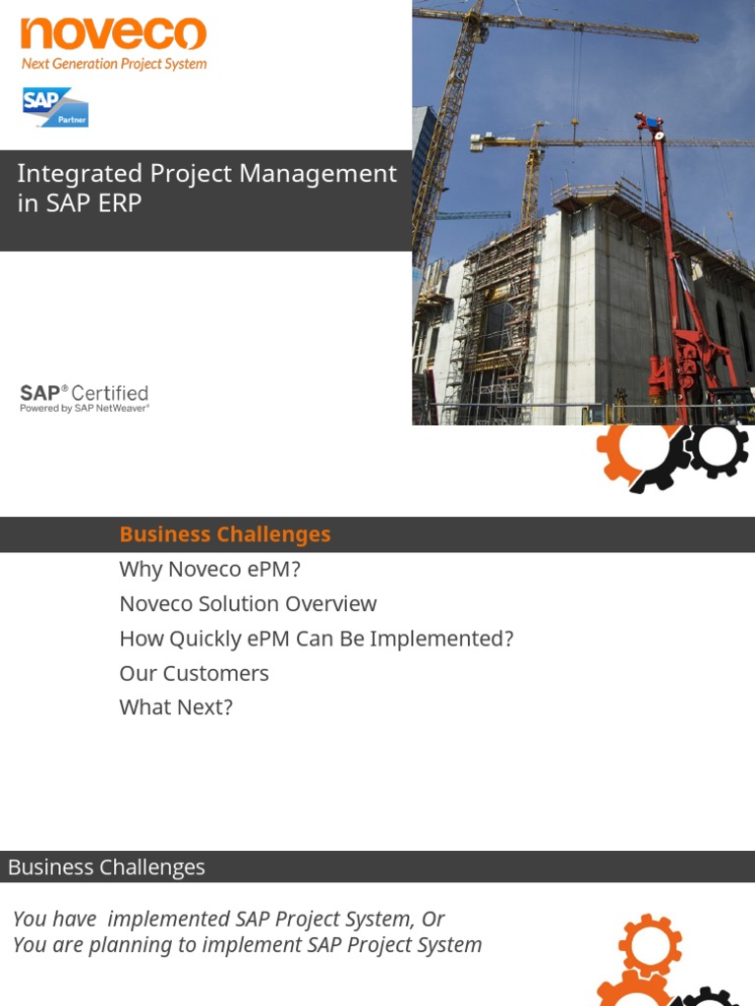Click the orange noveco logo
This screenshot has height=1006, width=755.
click(113, 33)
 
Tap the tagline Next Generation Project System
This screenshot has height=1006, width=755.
click(114, 64)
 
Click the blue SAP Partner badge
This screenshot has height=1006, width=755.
click(55, 107)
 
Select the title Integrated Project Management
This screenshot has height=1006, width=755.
click(206, 174)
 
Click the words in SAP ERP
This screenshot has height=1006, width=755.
click(80, 203)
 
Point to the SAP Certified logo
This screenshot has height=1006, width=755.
click(85, 393)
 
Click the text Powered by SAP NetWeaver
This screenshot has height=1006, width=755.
click(85, 409)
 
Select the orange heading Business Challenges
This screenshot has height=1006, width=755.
click(224, 534)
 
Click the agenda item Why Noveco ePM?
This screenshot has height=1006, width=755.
click(208, 569)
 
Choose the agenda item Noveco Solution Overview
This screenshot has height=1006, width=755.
click(248, 604)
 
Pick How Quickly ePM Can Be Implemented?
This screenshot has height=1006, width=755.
click(316, 639)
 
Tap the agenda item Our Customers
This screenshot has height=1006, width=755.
click(194, 673)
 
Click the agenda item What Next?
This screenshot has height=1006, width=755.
click(176, 707)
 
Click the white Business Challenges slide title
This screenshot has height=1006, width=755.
click(106, 866)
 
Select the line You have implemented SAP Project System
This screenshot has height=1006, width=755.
click(228, 919)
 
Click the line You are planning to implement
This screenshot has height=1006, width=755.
click(247, 945)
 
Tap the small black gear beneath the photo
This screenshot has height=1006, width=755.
click(717, 448)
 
